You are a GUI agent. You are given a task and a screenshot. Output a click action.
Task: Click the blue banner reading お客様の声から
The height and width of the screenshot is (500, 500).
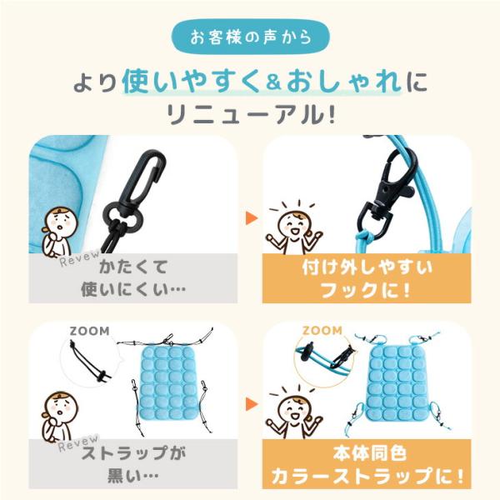coord(251,37)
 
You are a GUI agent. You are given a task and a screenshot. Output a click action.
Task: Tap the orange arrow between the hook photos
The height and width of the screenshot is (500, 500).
coord(252,218)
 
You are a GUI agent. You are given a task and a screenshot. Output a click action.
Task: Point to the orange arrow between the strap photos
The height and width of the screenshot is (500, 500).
coord(252,404)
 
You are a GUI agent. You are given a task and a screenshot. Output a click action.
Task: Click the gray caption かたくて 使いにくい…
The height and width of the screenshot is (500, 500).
coord(133,278)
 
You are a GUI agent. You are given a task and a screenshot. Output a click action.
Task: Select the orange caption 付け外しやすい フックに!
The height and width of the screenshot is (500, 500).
coord(367,278)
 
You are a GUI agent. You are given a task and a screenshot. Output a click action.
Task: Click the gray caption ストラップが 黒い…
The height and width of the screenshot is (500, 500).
coord(133,465)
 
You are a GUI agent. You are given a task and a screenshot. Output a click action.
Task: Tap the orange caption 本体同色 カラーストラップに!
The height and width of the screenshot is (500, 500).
coord(367,465)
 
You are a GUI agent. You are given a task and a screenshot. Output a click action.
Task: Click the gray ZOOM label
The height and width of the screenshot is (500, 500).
coord(90,331)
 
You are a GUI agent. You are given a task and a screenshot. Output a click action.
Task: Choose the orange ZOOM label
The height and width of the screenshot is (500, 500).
coord(322,330)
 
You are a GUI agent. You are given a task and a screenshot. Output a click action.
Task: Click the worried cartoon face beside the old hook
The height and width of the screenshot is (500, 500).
coord(62,222)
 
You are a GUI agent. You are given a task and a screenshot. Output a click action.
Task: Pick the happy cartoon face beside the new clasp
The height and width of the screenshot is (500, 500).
coord(294,223)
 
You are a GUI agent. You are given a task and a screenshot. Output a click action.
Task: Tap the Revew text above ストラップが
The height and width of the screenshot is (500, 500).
coord(78,443)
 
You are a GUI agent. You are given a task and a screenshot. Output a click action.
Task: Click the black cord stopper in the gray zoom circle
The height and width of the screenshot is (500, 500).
coord(102,376)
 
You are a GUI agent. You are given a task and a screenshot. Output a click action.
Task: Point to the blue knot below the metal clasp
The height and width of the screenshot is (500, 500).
coord(363,236)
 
